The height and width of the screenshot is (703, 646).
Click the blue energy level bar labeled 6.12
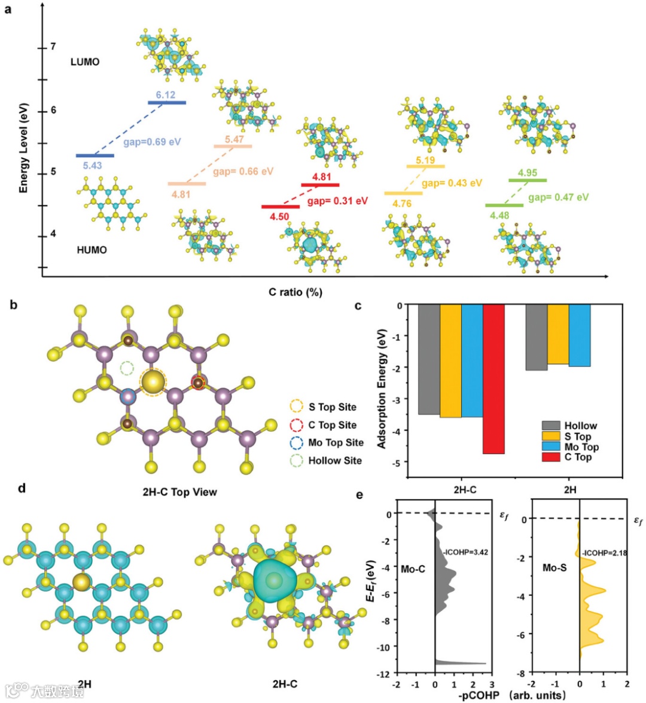point(167,103)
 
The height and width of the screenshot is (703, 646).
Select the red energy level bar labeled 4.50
point(281,207)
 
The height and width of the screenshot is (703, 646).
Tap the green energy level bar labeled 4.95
point(528,180)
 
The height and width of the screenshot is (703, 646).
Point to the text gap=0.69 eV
point(152,142)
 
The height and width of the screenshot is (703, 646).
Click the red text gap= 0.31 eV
point(338,201)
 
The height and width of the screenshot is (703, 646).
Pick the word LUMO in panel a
point(85,62)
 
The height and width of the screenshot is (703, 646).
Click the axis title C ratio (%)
point(295,292)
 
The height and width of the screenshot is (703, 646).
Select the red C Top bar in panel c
point(493,379)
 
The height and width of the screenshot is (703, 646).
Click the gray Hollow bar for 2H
point(536,337)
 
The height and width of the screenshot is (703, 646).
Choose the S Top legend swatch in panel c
point(551,436)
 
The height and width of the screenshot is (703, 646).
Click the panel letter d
point(22,488)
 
